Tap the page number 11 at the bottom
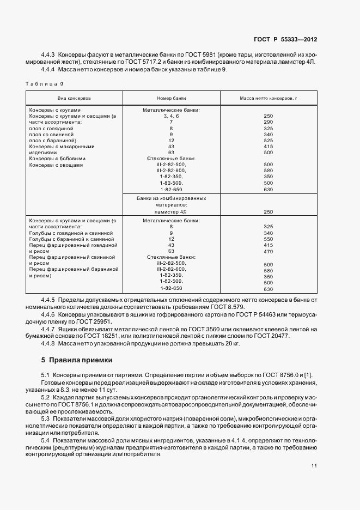coord(314,466)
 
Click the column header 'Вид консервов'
coord(75,98)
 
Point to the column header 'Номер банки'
coord(171,98)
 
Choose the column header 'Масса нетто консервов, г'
coord(268,98)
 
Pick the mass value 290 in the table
coord(268,122)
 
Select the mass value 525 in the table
coord(268,141)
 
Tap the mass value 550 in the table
coord(268,239)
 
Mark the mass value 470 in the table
coord(268,251)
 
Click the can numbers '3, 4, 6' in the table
coord(171,116)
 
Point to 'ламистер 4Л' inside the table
coord(171,211)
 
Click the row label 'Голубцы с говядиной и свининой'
coord(71,233)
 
